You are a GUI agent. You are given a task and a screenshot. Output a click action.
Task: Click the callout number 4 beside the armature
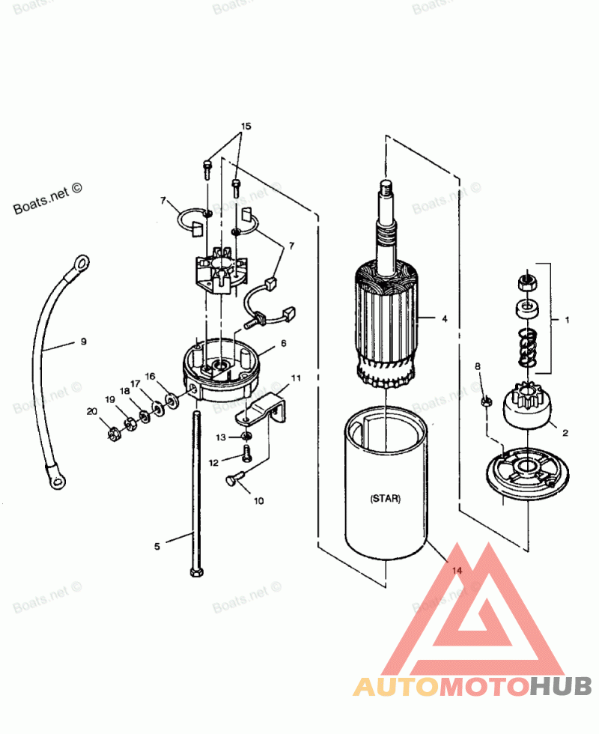click(444, 318)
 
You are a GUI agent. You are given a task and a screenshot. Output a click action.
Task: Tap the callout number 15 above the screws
click(246, 126)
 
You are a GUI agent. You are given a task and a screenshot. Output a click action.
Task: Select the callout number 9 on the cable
click(83, 342)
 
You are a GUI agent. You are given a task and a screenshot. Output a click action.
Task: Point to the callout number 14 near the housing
click(456, 571)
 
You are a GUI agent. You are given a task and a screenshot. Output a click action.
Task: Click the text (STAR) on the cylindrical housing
click(385, 498)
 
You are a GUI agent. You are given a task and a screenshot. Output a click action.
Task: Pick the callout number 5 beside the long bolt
click(157, 546)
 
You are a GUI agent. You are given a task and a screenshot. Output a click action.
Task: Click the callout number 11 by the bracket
click(296, 378)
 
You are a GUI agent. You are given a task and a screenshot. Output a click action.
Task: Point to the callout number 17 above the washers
click(136, 383)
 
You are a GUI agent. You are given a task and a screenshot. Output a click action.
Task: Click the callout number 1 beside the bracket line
click(567, 320)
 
